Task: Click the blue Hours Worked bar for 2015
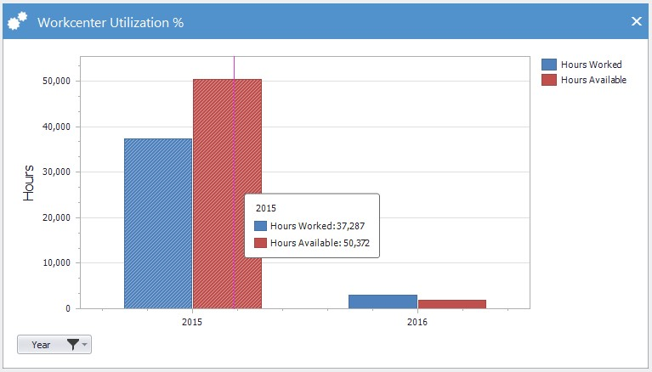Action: [158, 223]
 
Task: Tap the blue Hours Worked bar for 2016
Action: [383, 302]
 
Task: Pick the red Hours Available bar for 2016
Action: [452, 304]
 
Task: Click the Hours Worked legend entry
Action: [581, 65]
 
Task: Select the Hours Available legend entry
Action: [584, 80]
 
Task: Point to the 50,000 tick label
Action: [57, 81]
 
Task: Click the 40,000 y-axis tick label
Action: [57, 127]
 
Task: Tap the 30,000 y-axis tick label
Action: [57, 172]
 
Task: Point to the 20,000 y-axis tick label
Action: [57, 217]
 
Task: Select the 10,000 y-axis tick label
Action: [57, 263]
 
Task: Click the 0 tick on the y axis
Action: [68, 308]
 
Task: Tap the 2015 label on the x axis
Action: [192, 322]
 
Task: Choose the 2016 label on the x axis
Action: [417, 322]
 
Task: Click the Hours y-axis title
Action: [28, 183]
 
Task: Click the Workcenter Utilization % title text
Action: [111, 22]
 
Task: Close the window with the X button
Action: [636, 21]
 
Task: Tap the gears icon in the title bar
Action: [18, 20]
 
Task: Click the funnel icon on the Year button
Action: [73, 345]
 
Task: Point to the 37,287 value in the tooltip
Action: [350, 226]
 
